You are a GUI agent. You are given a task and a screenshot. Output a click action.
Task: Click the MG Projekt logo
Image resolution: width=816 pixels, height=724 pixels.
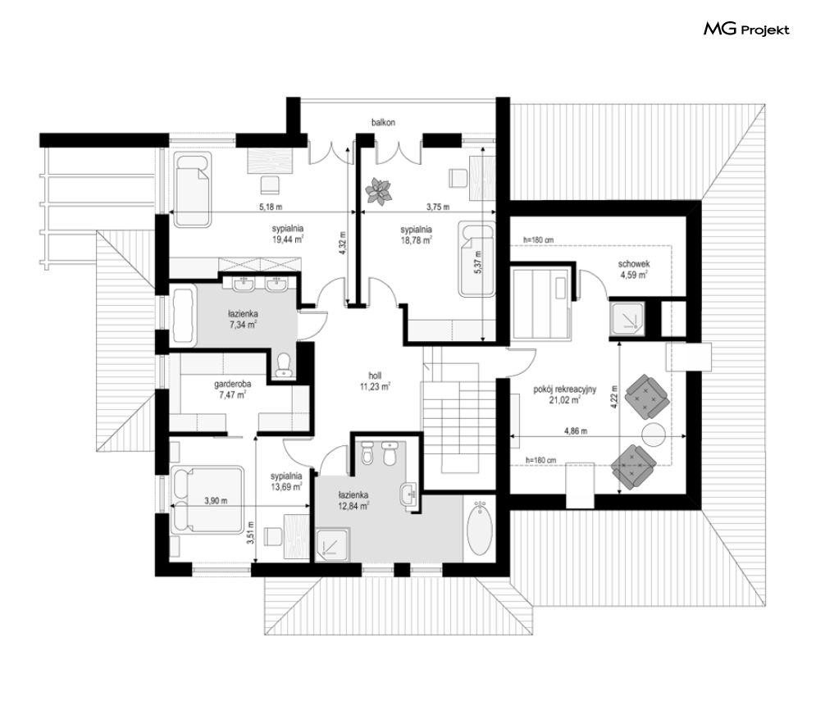pyautogui.click(x=746, y=30)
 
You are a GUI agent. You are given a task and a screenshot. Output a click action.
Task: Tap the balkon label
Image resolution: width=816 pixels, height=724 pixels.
pyautogui.click(x=383, y=123)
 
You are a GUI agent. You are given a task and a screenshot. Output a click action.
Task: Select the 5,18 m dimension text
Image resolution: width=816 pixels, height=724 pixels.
pyautogui.click(x=271, y=207)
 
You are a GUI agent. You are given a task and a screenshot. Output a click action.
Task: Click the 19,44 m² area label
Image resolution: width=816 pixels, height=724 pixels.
pyautogui.click(x=288, y=239)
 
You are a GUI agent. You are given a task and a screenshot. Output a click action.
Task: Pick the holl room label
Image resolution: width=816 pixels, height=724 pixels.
pyautogui.click(x=375, y=376)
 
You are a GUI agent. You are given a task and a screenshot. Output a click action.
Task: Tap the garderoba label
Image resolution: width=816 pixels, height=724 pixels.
pyautogui.click(x=233, y=385)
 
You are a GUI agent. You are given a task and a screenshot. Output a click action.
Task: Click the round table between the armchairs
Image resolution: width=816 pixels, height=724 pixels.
pyautogui.click(x=654, y=435)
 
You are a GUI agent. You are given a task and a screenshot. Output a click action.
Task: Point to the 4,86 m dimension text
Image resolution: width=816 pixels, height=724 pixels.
pyautogui.click(x=576, y=431)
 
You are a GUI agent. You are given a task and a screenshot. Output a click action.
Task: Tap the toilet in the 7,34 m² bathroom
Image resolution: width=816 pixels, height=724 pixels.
pyautogui.click(x=284, y=365)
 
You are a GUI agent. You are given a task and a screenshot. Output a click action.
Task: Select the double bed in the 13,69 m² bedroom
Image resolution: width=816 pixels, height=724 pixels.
pyautogui.click(x=207, y=499)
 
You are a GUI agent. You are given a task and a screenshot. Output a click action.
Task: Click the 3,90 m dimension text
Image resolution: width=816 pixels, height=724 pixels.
pyautogui.click(x=216, y=501)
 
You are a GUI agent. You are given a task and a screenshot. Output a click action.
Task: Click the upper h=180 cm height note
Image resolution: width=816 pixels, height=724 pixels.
pyautogui.click(x=539, y=240)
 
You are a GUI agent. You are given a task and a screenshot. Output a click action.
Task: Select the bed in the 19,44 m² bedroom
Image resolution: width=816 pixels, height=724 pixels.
pyautogui.click(x=192, y=190)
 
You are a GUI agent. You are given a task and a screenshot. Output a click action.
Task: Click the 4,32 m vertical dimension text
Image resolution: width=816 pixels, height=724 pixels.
pyautogui.click(x=342, y=243)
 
